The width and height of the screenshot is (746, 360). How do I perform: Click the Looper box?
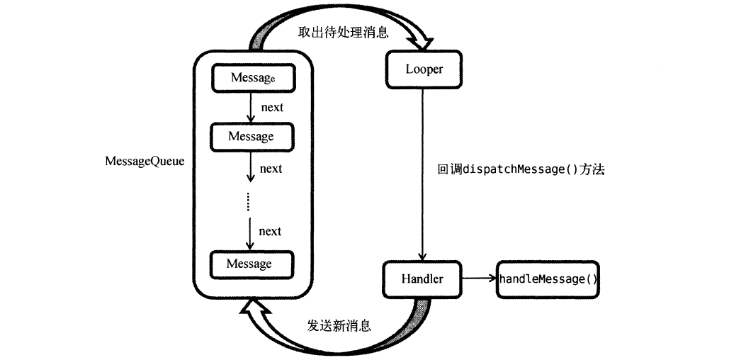click(x=423, y=69)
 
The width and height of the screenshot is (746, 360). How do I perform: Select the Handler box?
click(x=422, y=279)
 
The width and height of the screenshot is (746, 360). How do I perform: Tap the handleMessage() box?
click(x=548, y=279)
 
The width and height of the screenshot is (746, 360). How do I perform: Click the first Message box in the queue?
click(x=252, y=78)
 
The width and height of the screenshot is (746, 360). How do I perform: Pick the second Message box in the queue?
click(x=251, y=136)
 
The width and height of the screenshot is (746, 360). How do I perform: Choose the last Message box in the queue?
click(x=249, y=264)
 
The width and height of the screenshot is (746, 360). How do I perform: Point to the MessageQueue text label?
click(x=145, y=162)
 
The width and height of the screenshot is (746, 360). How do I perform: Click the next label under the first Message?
click(x=271, y=108)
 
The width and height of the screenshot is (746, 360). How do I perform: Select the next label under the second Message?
click(x=271, y=169)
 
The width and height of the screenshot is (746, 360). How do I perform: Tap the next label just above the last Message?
click(x=270, y=231)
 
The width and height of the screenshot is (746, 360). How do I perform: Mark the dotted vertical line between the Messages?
click(x=249, y=201)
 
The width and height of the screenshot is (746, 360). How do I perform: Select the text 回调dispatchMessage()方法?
click(x=521, y=170)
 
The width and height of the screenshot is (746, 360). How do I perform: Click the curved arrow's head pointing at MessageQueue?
click(x=253, y=306)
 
